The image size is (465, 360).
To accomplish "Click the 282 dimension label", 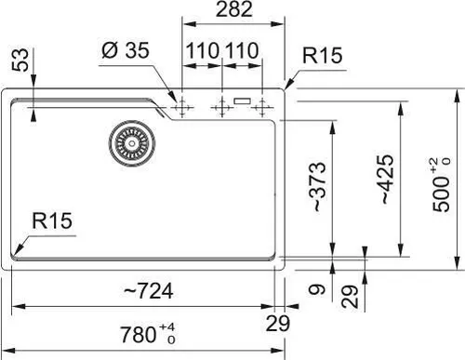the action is pyautogui.click(x=234, y=9).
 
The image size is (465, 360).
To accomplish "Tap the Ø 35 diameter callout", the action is pyautogui.click(x=126, y=50).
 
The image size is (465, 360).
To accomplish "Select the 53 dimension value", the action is pyautogui.click(x=20, y=60).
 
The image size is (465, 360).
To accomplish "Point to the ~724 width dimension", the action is pyautogui.click(x=149, y=291).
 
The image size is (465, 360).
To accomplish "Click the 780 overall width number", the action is pyautogui.click(x=139, y=335).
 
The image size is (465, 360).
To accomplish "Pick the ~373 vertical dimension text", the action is pyautogui.click(x=317, y=187).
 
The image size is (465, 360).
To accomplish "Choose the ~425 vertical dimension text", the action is pyautogui.click(x=386, y=180).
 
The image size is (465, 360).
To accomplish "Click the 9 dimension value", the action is pyautogui.click(x=317, y=289).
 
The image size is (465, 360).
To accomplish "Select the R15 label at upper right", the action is pyautogui.click(x=323, y=56).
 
